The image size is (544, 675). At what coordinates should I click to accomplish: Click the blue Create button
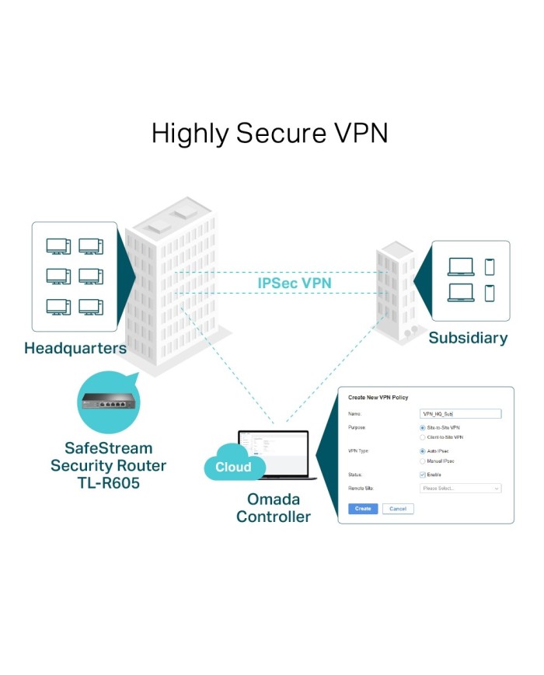click(363, 509)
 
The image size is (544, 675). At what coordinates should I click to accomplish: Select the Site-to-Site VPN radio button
click(422, 428)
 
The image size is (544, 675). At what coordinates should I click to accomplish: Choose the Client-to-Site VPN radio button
click(422, 438)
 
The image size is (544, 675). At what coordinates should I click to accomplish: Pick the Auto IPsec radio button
click(422, 451)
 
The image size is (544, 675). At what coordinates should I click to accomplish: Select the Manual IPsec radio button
click(422, 461)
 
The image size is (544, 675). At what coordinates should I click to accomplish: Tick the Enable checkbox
click(422, 475)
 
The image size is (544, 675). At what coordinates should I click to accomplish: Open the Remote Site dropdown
click(460, 489)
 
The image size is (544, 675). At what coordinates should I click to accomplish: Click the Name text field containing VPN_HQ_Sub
click(460, 414)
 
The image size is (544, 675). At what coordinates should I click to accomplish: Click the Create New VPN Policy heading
click(378, 398)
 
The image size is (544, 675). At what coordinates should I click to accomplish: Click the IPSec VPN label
click(294, 283)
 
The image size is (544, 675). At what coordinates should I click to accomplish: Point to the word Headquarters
click(75, 348)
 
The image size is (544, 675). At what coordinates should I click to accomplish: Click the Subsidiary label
click(468, 338)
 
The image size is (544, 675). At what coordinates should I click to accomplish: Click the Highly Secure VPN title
click(270, 133)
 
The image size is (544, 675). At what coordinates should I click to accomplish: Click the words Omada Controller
click(273, 508)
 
